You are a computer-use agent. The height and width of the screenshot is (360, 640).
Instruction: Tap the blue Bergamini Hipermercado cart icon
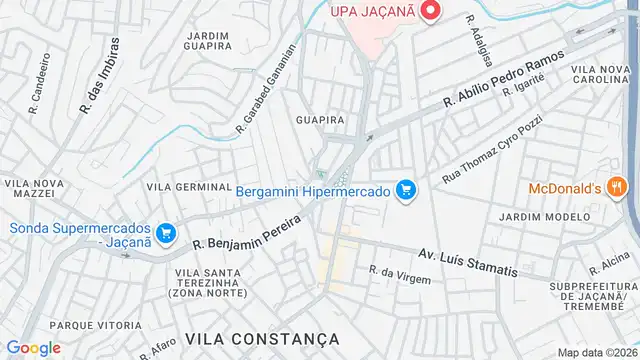[x=406, y=189]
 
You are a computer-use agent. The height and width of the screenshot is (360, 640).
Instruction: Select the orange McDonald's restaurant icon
[x=617, y=187]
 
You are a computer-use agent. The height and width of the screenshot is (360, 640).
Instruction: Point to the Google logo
[x=33, y=348]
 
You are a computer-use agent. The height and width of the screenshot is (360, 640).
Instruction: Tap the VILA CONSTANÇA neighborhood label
[x=263, y=338]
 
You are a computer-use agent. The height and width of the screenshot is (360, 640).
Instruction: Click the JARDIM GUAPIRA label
[x=208, y=41]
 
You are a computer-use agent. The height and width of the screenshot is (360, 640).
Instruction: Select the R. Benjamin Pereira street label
[x=247, y=229]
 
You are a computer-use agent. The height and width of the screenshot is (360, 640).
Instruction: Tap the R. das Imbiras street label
[x=98, y=74]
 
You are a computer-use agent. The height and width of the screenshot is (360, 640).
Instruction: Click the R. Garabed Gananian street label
[x=266, y=89]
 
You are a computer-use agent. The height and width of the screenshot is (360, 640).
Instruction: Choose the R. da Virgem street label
[x=399, y=274]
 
